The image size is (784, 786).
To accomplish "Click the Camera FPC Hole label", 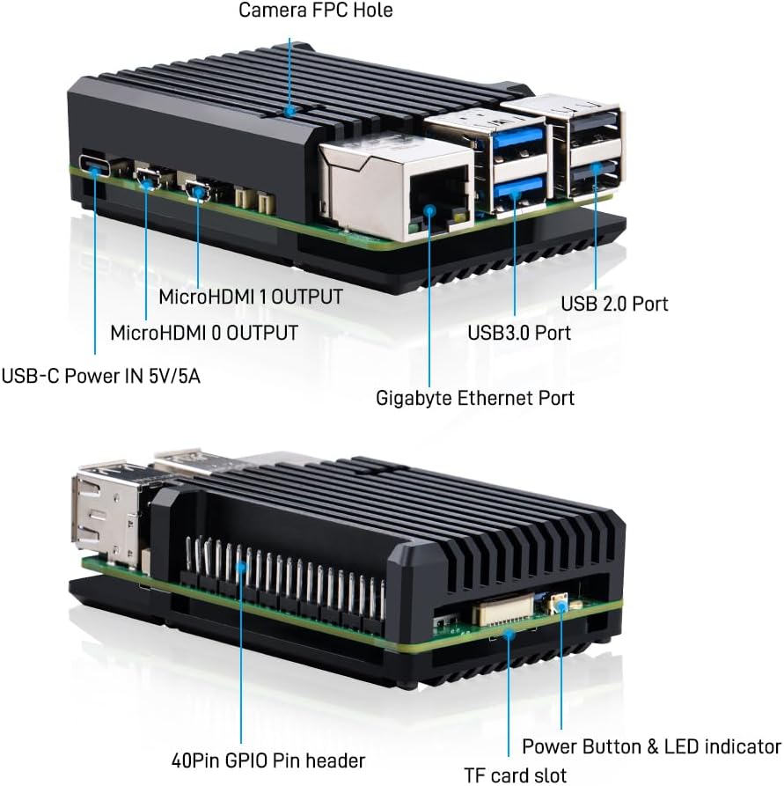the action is (315, 10).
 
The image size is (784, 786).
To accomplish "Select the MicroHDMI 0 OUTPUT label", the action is (204, 333).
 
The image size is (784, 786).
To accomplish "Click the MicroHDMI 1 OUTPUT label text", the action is (251, 297).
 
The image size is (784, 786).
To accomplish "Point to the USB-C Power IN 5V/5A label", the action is (101, 376).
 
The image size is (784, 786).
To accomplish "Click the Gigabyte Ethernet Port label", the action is (474, 399).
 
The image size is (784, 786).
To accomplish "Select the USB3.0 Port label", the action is (519, 333).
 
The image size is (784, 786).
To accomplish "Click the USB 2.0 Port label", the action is (614, 304).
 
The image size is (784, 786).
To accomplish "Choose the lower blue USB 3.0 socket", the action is (519, 189).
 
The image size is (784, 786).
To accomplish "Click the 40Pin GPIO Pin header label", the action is (267, 760).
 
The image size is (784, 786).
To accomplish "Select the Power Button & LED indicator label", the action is (651, 747).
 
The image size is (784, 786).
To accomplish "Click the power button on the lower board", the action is (559, 604).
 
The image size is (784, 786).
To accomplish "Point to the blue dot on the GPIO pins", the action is (242, 568).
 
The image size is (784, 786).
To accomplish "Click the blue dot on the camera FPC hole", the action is (289, 111).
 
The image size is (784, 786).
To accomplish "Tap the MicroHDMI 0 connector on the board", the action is (147, 179).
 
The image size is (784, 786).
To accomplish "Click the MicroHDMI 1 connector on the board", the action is (197, 189).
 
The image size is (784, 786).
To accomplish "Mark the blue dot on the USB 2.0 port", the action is (595, 168).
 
